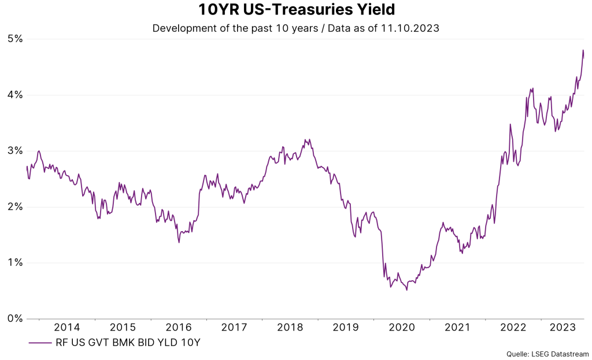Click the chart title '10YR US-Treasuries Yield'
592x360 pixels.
(295, 10)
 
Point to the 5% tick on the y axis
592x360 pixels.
(15, 39)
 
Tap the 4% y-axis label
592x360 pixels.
(15, 95)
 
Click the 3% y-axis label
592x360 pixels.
(15, 151)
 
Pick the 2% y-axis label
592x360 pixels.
(15, 207)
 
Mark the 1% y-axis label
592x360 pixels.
(15, 263)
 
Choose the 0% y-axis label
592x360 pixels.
(15, 318)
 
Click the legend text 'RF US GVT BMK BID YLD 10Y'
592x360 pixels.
(128, 343)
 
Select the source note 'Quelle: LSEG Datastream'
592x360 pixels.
(547, 354)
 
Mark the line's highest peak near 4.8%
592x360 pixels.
(583, 50)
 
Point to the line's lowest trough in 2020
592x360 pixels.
(407, 290)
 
